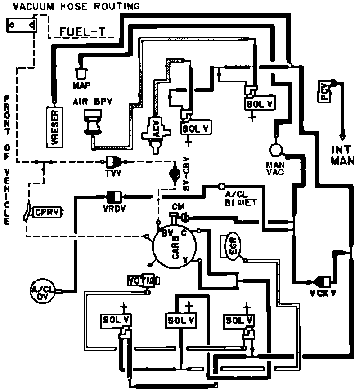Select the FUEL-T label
coord(86,32)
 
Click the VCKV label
coord(322,294)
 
